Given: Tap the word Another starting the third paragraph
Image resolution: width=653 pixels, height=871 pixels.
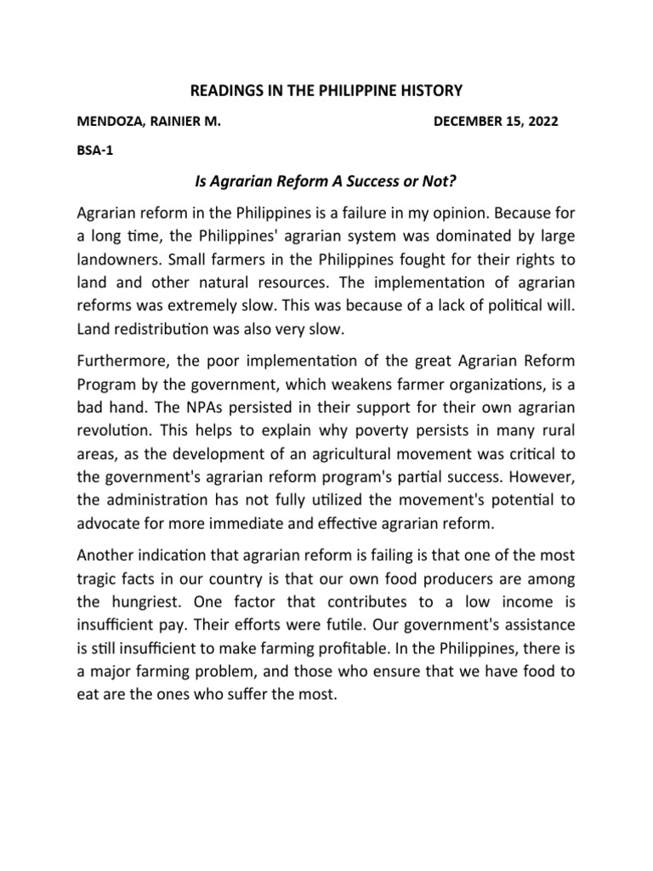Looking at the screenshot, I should (x=106, y=556).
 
